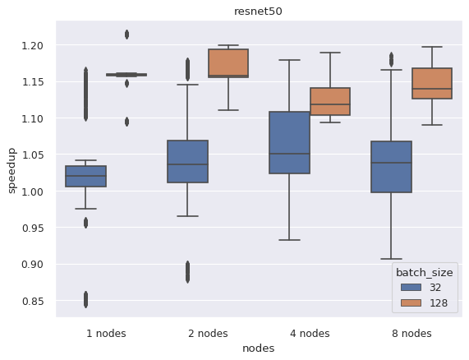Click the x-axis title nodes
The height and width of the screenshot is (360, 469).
point(258,348)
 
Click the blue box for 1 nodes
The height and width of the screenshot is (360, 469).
point(85,177)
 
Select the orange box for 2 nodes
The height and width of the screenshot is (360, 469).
point(228,63)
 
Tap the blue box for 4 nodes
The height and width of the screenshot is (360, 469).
point(289,142)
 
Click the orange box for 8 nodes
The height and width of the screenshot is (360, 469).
point(431,84)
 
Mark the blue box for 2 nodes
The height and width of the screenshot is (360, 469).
point(187,161)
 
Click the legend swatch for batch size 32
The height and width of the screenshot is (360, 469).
point(406,288)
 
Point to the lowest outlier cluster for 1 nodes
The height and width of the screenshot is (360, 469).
point(85,299)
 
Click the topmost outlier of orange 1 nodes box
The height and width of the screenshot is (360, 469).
point(126,34)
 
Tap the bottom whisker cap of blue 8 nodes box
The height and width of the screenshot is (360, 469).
point(390,259)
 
